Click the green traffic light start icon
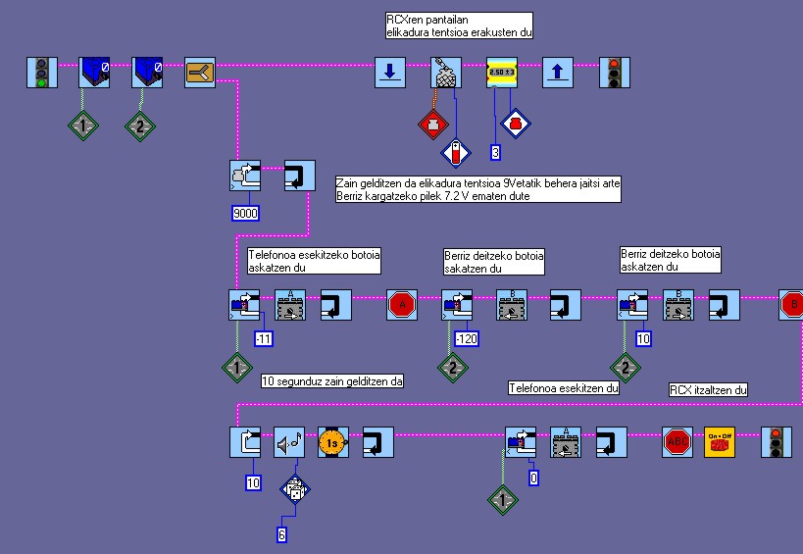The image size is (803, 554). [41, 73]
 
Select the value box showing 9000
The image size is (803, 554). [245, 212]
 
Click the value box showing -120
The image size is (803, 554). [467, 339]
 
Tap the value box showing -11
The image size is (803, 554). [265, 339]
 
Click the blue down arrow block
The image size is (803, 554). [390, 73]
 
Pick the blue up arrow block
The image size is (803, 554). [558, 73]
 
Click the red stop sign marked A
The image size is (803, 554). [402, 305]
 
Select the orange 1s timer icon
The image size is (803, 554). [333, 442]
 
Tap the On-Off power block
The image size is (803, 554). [720, 442]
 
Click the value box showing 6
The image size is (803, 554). [283, 533]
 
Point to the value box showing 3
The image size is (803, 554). [496, 152]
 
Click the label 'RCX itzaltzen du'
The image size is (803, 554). [709, 390]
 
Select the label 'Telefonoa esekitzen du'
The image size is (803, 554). [563, 387]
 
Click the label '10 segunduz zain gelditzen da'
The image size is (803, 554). [334, 380]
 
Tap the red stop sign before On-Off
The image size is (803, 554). [678, 442]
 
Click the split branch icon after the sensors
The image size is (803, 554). [200, 73]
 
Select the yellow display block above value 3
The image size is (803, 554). [502, 73]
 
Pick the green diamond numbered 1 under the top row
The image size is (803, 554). [83, 126]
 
